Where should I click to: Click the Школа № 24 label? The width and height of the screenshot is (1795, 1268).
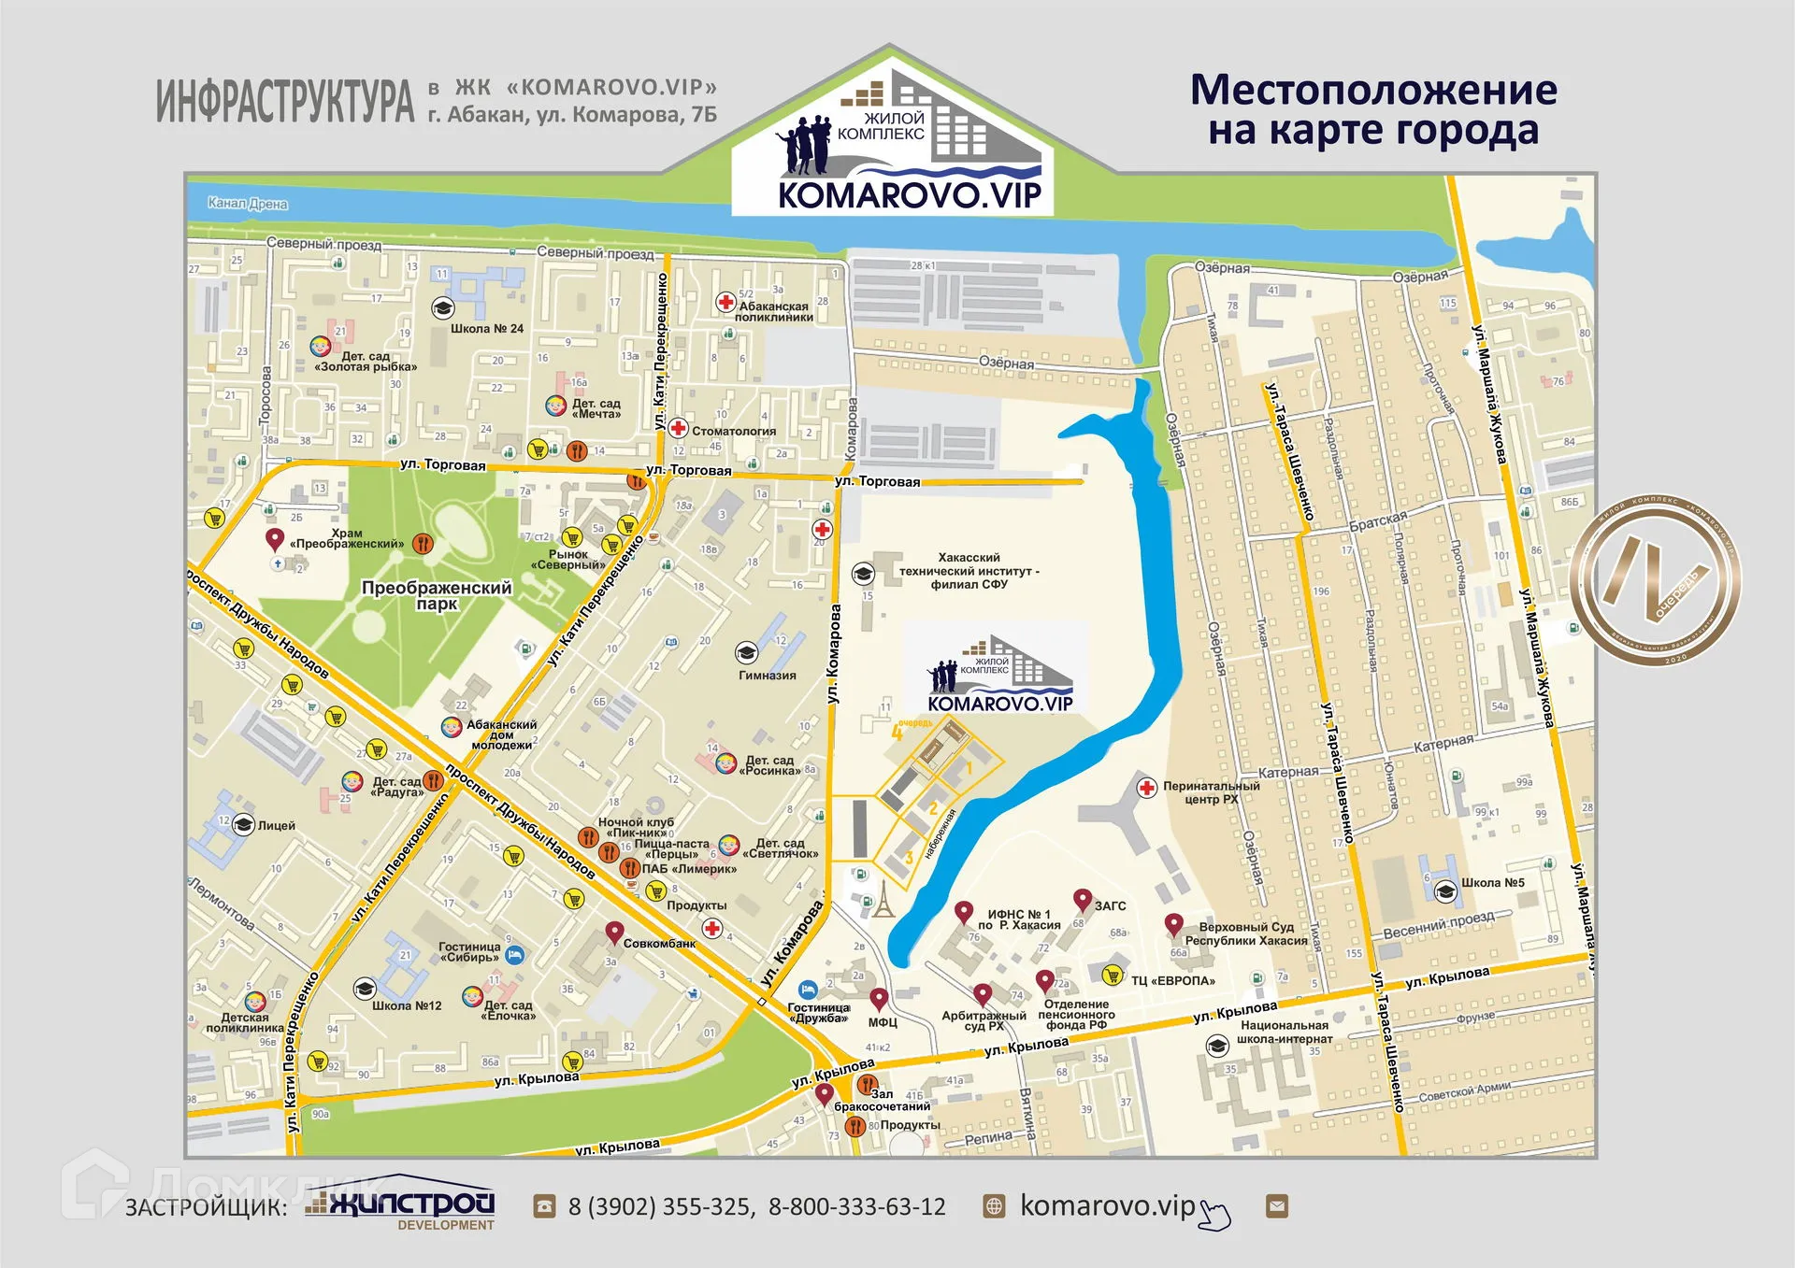[x=486, y=328]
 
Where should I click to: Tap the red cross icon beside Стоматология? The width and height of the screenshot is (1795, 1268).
[x=679, y=429]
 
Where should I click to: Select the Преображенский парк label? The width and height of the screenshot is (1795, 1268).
[x=437, y=595]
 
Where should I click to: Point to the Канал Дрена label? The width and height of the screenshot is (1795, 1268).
[x=247, y=203]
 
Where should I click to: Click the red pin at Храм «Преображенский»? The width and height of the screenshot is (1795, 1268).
[x=274, y=539]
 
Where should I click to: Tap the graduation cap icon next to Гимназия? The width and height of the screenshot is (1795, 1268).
[x=746, y=651]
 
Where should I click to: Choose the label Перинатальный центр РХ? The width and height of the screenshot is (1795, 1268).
[x=1211, y=792]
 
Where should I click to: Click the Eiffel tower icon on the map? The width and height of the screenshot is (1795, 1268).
[x=883, y=899]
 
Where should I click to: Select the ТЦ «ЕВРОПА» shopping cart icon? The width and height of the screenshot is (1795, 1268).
[x=1112, y=975]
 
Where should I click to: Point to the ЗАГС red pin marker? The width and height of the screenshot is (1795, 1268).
[x=1082, y=900]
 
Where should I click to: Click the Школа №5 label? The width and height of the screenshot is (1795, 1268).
[x=1492, y=882]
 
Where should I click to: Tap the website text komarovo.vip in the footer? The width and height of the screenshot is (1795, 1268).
[x=1107, y=1205]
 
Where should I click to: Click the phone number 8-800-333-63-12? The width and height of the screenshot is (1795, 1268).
[x=856, y=1206]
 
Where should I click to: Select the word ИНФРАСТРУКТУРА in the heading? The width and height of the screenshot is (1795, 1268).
[x=284, y=101]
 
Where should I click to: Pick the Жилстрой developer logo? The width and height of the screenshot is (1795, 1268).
[x=402, y=1205]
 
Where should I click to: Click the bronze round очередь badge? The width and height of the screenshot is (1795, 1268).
[x=1655, y=580]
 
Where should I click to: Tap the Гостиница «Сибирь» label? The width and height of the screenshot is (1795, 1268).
[x=469, y=951]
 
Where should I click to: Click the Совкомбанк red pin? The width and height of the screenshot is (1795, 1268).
[x=614, y=932]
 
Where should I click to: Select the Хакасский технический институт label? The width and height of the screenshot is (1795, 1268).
[x=969, y=570]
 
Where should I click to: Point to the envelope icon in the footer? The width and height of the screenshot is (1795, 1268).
[x=1276, y=1205]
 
